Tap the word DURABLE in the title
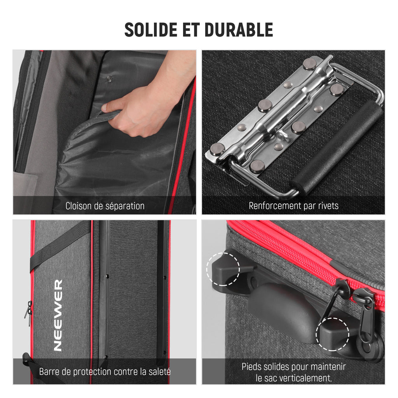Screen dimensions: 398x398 239,30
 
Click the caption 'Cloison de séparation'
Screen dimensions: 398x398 105,206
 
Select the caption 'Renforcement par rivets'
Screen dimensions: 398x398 293,206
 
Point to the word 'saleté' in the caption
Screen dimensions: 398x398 160,372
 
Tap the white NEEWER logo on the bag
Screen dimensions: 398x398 58,315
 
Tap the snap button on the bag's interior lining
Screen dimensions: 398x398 109,79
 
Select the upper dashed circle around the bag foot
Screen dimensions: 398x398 223,269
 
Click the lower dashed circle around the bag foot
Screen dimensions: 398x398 333,334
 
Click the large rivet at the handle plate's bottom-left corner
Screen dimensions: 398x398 217,149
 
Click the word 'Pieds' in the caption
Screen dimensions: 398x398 253,367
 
